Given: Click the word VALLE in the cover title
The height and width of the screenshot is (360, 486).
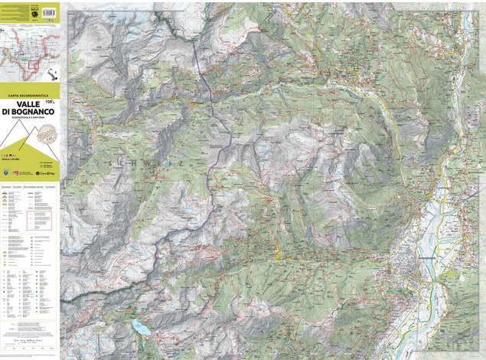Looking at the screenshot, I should (30, 104).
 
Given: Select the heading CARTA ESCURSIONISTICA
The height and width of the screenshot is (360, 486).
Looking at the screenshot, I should (29, 94).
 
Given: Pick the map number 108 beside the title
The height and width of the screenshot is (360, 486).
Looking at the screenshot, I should (51, 100).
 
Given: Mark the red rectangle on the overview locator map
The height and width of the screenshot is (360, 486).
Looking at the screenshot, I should (34, 62).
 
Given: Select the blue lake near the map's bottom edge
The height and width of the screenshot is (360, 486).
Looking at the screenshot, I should (140, 328).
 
